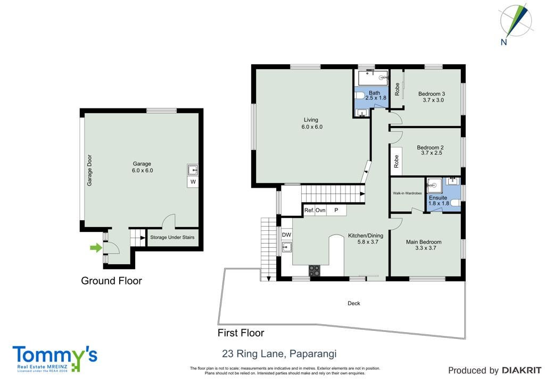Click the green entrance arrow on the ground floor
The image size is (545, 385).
pyautogui.click(x=96, y=247)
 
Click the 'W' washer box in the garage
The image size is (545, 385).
pyautogui.click(x=193, y=181)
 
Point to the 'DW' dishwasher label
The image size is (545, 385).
pyautogui.click(x=286, y=235)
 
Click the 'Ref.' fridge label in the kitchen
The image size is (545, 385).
pyautogui.click(x=309, y=210)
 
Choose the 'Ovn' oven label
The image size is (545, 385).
pyautogui.click(x=320, y=210)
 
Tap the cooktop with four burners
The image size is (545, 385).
pyautogui.click(x=315, y=271)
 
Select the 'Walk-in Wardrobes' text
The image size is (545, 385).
pyautogui.click(x=407, y=193)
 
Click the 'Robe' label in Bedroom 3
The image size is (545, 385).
pyautogui.click(x=397, y=89)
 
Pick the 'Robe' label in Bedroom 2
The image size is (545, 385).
pyautogui.click(x=396, y=162)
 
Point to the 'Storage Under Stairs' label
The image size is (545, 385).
pyautogui.click(x=172, y=238)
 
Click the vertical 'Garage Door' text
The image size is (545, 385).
pyautogui.click(x=89, y=170)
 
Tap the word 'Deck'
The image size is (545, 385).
pyautogui.click(x=354, y=303)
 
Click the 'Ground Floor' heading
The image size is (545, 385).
pyautogui.click(x=112, y=280)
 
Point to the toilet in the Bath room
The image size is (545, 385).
pyautogui.click(x=360, y=95)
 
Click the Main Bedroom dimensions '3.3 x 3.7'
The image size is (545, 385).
pyautogui.click(x=425, y=248)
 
